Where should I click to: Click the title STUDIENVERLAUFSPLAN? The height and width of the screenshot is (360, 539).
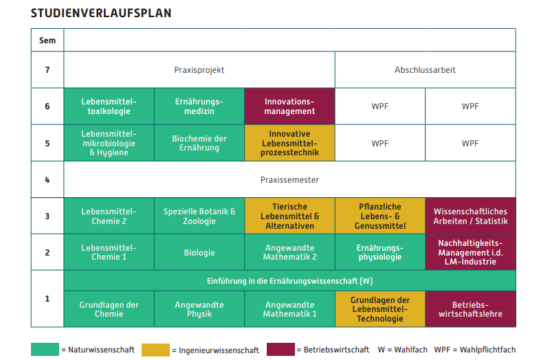101,13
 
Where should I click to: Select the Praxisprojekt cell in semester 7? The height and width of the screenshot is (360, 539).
199,70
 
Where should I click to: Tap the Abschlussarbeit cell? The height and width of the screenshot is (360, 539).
425,70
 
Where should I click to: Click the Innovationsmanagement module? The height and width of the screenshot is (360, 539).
289,106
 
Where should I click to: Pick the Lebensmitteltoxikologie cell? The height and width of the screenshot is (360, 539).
109,106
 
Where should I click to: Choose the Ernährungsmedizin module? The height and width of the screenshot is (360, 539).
199,106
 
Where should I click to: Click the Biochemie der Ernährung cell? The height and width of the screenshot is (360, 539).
199,143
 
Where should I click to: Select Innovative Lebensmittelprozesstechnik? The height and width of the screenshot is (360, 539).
289,143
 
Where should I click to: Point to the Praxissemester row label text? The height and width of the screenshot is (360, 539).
289,180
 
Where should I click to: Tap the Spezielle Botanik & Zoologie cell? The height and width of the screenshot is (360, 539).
199,216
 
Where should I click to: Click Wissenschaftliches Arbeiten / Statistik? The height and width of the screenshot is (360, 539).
470,216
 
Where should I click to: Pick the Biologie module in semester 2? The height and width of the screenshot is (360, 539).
199,253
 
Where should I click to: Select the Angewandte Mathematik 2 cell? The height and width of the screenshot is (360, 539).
289,253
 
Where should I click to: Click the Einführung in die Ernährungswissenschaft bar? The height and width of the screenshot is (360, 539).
290,280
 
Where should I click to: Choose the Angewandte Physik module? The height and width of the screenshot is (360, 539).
199,309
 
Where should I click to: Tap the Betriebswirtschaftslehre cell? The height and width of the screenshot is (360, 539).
470,309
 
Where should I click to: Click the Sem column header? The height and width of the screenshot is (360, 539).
47,40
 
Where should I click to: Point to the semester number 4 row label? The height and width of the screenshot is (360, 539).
47,180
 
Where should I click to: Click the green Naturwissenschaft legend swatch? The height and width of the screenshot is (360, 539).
45,349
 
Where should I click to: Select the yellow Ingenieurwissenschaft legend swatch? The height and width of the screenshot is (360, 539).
155,350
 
